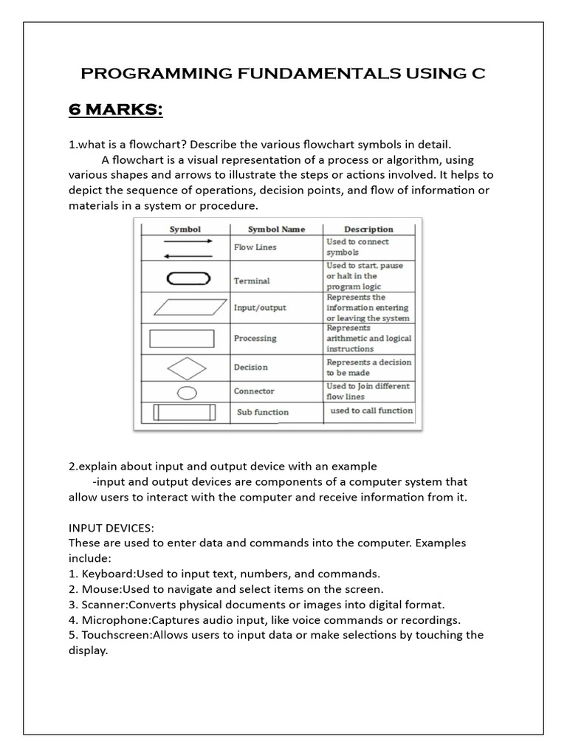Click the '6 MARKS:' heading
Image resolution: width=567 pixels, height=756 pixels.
coord(115,111)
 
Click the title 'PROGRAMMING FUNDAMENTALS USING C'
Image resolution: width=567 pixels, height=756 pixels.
coord(283,75)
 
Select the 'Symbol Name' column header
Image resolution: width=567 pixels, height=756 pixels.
coord(276,229)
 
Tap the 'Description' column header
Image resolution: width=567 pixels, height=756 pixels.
coord(368,229)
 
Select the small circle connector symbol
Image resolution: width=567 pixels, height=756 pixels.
coord(188,391)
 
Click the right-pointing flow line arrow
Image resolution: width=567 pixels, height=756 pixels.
coord(188,241)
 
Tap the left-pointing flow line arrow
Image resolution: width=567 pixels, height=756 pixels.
coord(188,255)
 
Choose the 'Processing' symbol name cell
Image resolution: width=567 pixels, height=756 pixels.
coord(255,338)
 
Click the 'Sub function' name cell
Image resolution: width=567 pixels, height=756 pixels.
coord(262,412)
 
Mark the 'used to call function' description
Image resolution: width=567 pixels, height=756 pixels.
coord(371,410)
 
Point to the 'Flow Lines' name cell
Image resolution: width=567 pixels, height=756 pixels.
coord(255,247)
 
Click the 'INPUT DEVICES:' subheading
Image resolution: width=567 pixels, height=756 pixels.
coord(112,529)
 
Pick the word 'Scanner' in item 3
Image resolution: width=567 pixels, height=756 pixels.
coord(102,604)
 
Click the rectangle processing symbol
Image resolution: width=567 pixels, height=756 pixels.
coord(182,338)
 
